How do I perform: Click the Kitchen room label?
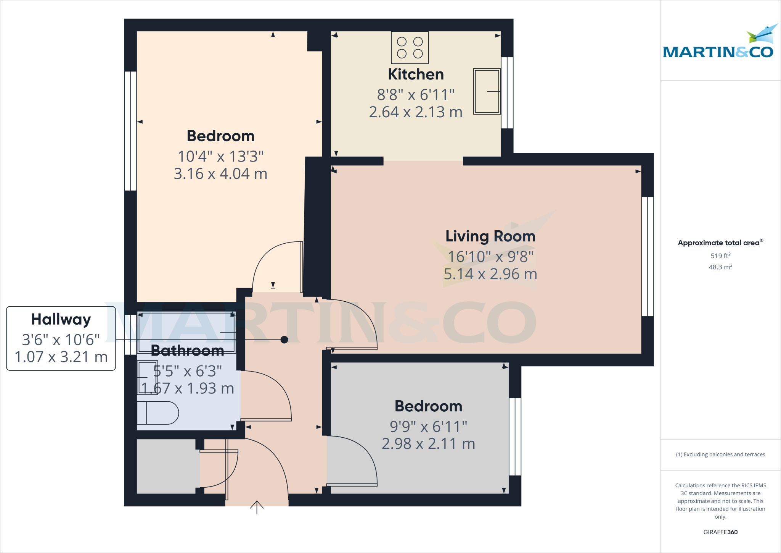[416, 74]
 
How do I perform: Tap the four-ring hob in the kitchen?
[410, 48]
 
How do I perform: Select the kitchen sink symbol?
[487, 91]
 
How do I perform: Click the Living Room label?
[490, 236]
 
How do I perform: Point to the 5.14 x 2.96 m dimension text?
[490, 274]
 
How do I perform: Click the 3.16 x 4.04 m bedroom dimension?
[220, 174]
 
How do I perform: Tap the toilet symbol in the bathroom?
[157, 413]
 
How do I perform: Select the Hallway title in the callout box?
[61, 319]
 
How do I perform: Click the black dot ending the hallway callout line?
[284, 340]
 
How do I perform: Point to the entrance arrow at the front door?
[257, 507]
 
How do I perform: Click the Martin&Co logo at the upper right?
[718, 44]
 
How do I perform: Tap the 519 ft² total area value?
[720, 255]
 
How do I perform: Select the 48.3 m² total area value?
[720, 267]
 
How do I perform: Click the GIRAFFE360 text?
[720, 532]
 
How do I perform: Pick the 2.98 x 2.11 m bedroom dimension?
[428, 444]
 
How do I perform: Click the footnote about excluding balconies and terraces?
[720, 454]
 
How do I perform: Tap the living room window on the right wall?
[648, 257]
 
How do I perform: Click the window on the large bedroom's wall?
[130, 131]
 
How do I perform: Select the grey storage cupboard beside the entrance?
[167, 466]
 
